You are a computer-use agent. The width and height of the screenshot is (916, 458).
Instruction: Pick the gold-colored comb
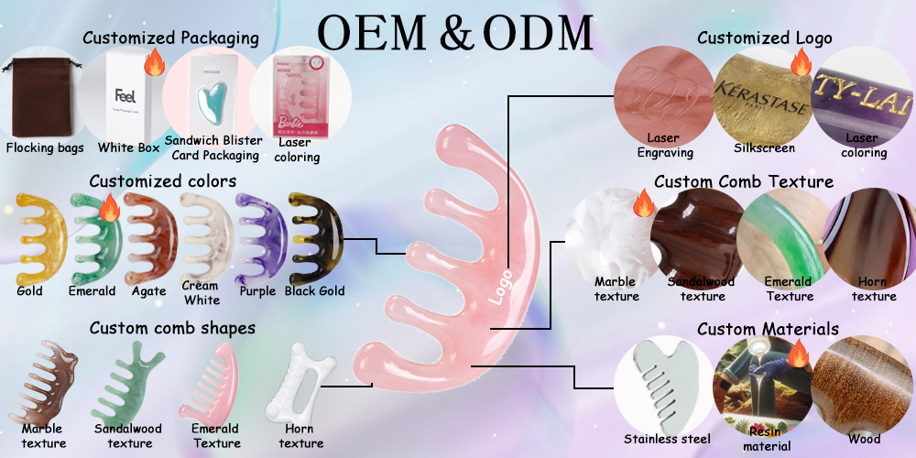click(x=38, y=236)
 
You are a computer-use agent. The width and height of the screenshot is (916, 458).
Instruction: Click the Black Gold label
click(x=314, y=292)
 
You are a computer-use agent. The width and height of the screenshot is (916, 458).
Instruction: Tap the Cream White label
click(x=201, y=293)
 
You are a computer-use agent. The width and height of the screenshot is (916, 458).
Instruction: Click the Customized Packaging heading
click(x=170, y=38)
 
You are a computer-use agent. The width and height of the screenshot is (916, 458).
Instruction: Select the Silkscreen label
click(x=765, y=147)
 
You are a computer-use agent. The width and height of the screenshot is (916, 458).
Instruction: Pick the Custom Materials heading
click(x=768, y=329)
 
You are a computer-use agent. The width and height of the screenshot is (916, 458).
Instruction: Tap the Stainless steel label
click(x=667, y=439)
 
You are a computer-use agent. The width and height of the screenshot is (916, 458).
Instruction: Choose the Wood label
click(x=864, y=439)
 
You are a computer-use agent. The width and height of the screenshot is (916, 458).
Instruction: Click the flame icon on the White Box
click(x=154, y=64)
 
